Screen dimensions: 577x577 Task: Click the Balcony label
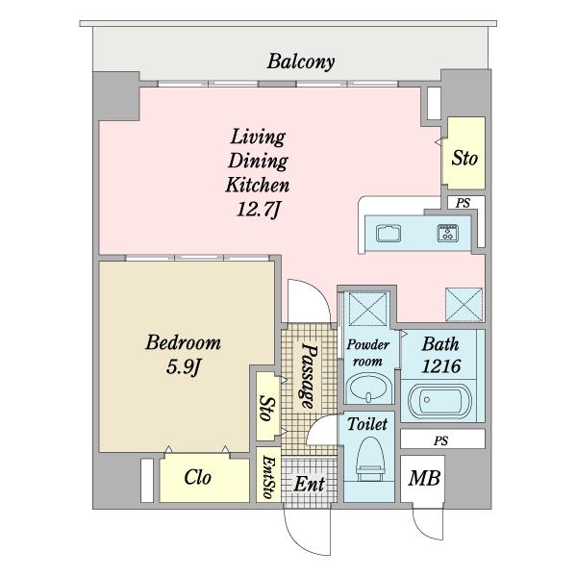point(301,62)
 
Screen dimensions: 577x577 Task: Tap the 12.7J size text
point(259,210)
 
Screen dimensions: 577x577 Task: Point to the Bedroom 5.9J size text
point(183,366)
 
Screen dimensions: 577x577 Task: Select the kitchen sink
point(389,234)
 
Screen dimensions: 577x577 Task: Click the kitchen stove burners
point(448,233)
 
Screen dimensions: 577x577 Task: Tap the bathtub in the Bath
point(439,401)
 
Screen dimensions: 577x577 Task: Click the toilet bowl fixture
point(371,459)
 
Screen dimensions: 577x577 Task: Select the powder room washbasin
point(367,389)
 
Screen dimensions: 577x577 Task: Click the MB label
point(424,478)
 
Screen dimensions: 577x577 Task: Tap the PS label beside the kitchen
point(463,203)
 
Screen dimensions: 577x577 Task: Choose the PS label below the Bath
point(440,440)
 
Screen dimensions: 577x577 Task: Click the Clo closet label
point(197,477)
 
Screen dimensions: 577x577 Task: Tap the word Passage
point(308,375)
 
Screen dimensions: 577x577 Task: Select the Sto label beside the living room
point(464,159)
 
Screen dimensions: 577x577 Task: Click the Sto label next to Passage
point(266,408)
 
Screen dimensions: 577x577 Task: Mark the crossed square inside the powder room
point(367,309)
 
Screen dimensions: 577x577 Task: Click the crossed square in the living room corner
point(464,304)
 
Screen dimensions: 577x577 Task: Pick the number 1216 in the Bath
point(440,366)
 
